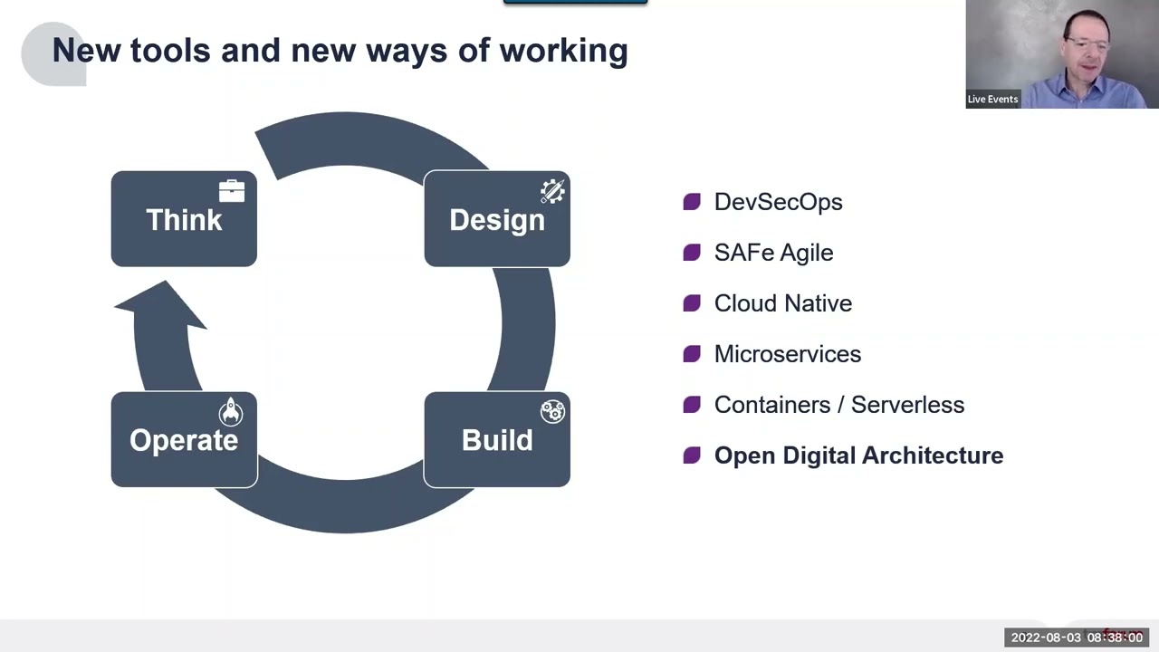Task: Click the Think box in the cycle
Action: pos(184,219)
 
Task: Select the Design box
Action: pos(497,219)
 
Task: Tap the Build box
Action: pos(497,439)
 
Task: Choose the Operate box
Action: pos(184,439)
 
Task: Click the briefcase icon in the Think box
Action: pos(232,191)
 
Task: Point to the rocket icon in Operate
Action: pos(231,412)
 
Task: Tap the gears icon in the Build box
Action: pos(552,412)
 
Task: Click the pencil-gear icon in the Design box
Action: pos(552,191)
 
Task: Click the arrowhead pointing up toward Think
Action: pos(161,305)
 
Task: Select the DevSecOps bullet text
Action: pos(778,202)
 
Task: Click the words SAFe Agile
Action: pos(773,253)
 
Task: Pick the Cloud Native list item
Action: pos(783,303)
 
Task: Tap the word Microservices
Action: pos(788,354)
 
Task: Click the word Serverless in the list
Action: pos(907,405)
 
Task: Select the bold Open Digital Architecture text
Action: pos(859,455)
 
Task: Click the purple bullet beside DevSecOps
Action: pos(692,202)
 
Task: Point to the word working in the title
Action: pos(563,52)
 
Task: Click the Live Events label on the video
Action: pos(992,99)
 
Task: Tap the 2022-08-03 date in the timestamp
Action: pos(1046,638)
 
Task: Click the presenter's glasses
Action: pos(1088,43)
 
